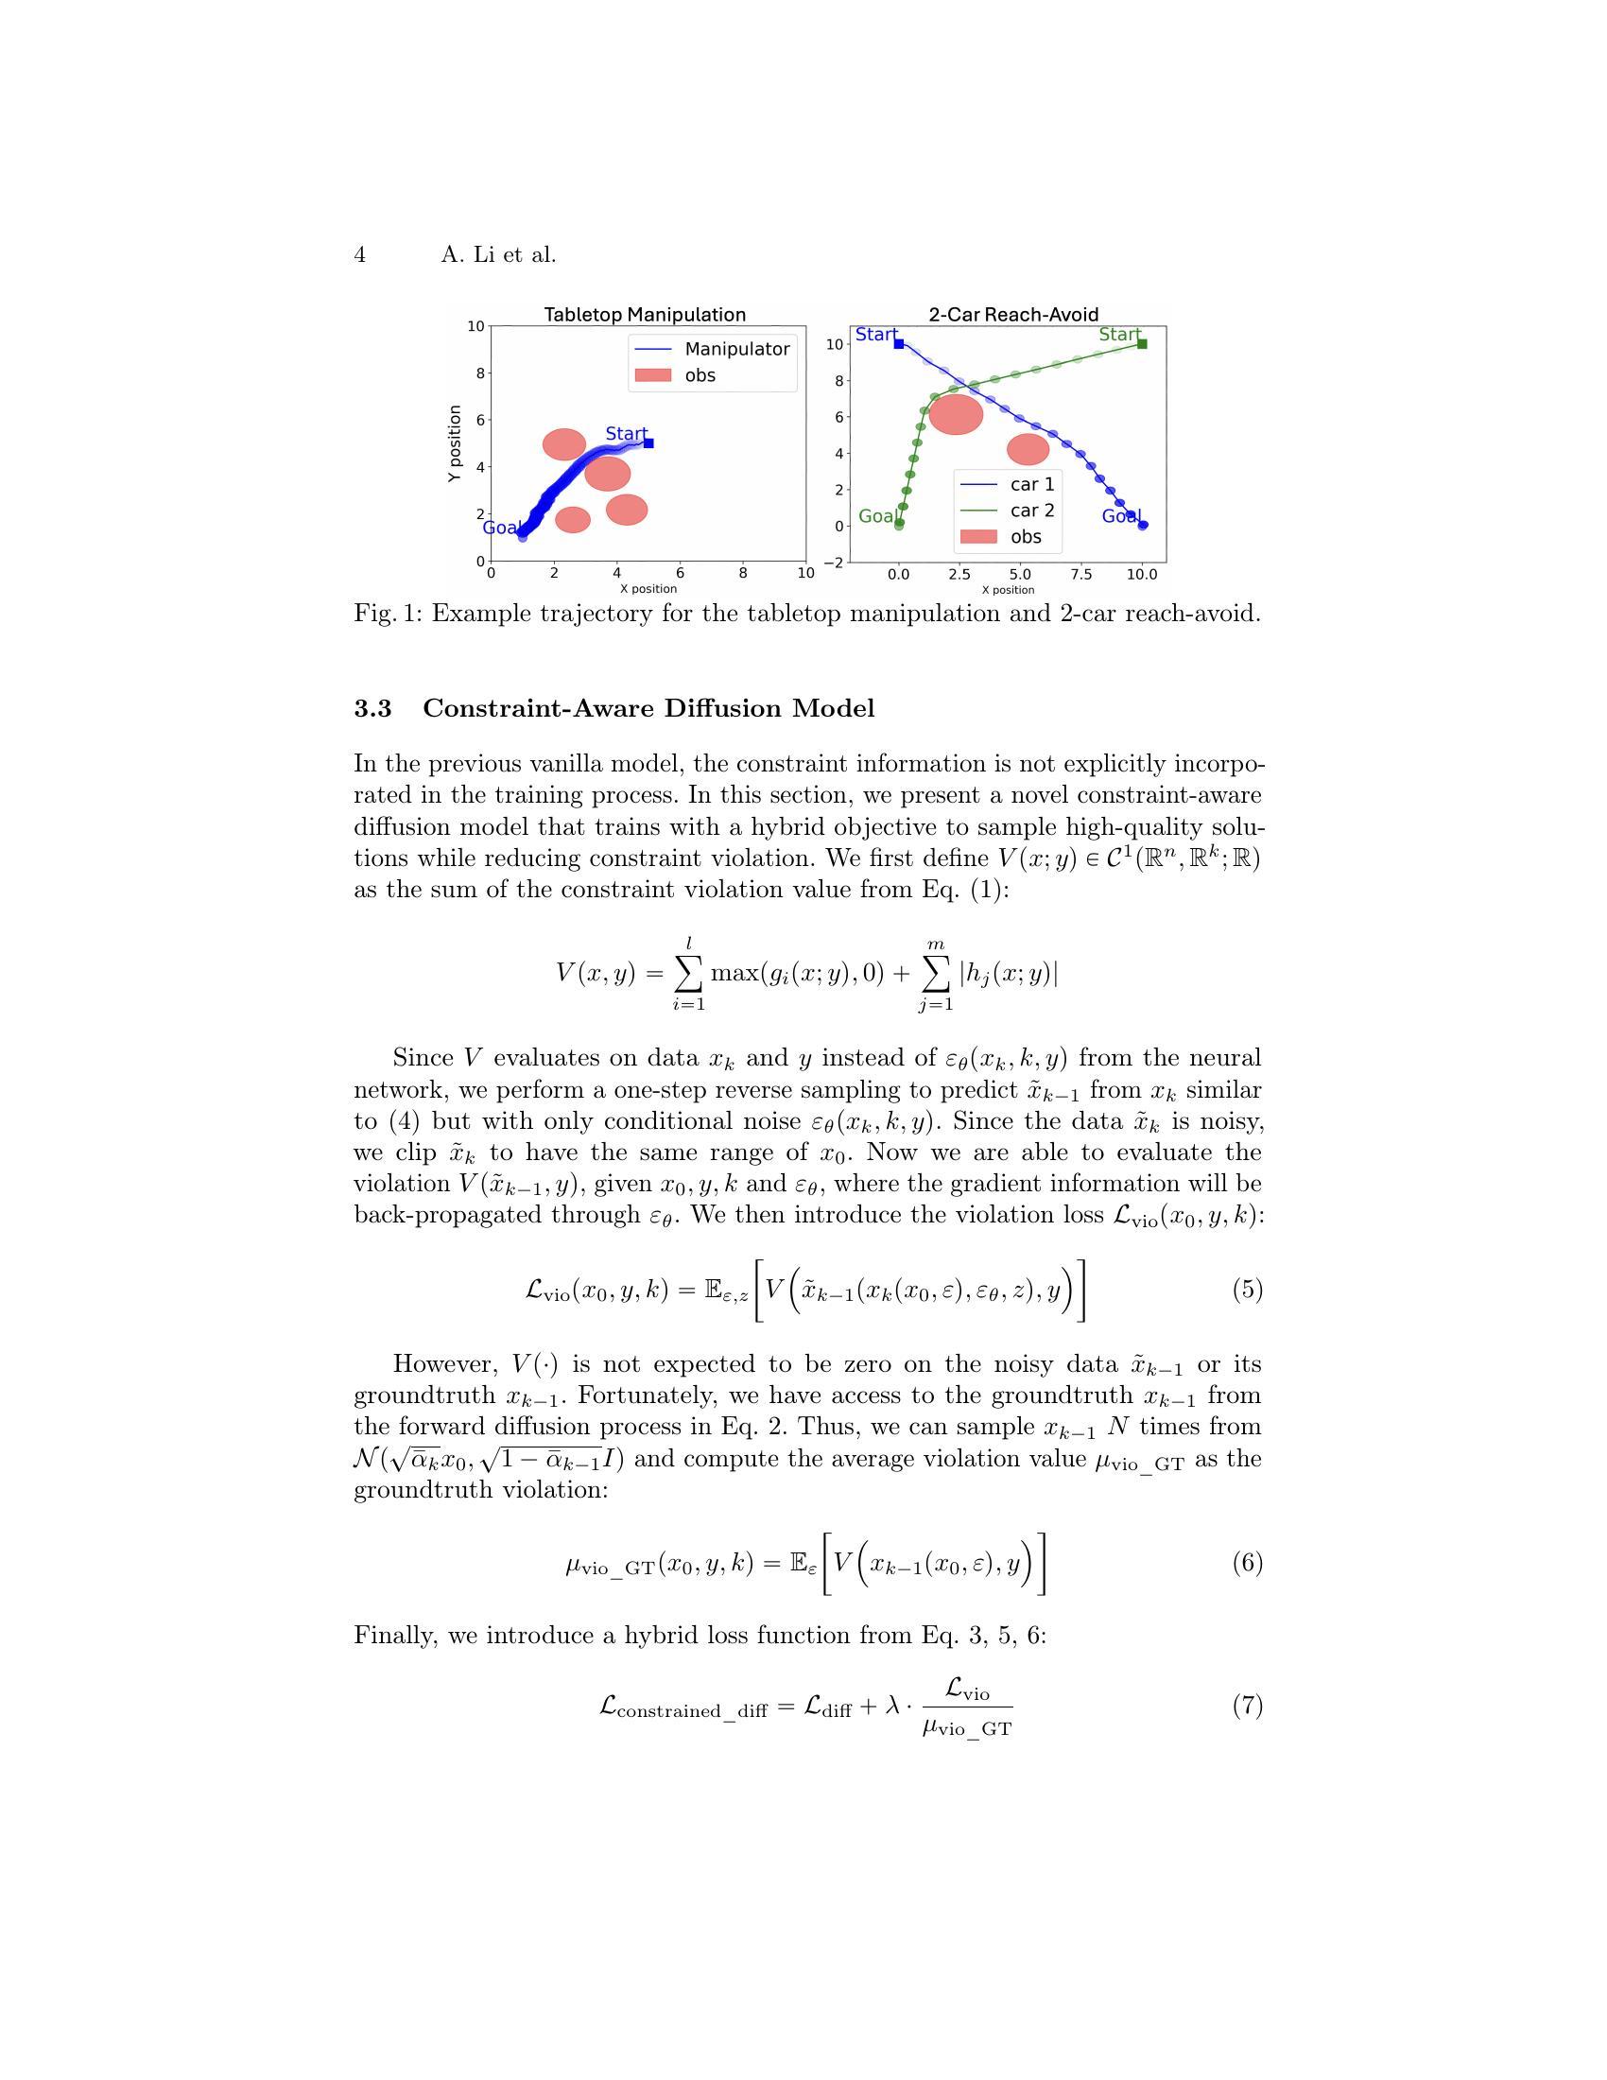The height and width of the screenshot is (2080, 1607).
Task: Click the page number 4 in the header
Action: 360,255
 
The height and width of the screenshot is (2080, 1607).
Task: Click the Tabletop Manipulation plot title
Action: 645,314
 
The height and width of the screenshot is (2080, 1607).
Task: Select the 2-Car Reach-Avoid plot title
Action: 1013,314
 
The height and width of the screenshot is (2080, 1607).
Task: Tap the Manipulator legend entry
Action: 735,350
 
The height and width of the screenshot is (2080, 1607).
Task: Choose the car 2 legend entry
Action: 1031,511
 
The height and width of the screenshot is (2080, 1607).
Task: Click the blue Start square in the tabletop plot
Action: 648,442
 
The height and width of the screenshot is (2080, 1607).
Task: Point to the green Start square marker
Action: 1143,344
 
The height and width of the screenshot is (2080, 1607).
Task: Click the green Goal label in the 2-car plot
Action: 877,516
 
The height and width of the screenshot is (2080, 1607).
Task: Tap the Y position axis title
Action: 455,442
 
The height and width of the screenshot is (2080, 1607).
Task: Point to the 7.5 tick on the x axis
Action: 1080,574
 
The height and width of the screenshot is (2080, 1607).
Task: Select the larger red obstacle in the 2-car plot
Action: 955,414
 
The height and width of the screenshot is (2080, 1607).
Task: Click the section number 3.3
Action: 372,708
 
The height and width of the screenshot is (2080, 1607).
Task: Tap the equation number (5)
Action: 1247,1290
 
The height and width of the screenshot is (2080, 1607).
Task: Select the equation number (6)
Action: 1247,1563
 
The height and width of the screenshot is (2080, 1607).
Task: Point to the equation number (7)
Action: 1247,1705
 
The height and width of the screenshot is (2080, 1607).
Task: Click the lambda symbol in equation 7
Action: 892,1705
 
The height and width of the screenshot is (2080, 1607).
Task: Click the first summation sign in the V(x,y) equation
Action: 689,972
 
